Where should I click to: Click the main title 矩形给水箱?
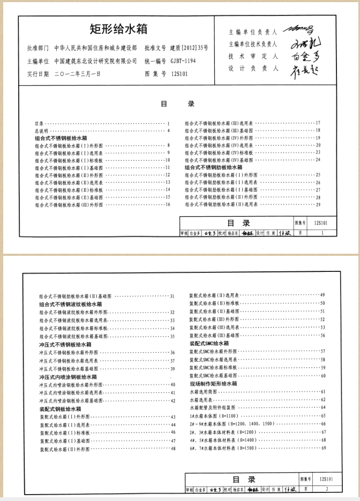click(x=118, y=28)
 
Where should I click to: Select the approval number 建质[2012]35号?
click(x=189, y=48)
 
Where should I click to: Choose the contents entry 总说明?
click(x=41, y=131)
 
